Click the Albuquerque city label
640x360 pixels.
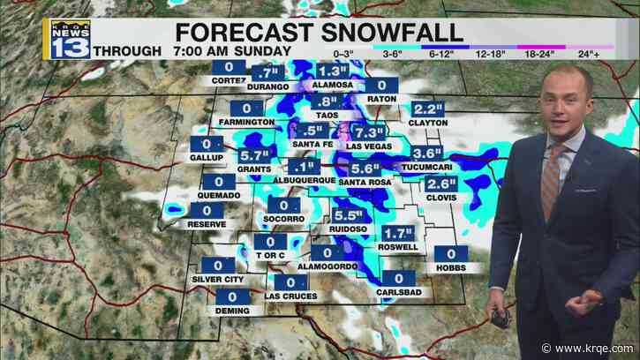point(303,180)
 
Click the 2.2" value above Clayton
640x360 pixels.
point(428,109)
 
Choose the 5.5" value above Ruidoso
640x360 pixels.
point(350,214)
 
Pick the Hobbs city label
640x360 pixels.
point(458,267)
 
